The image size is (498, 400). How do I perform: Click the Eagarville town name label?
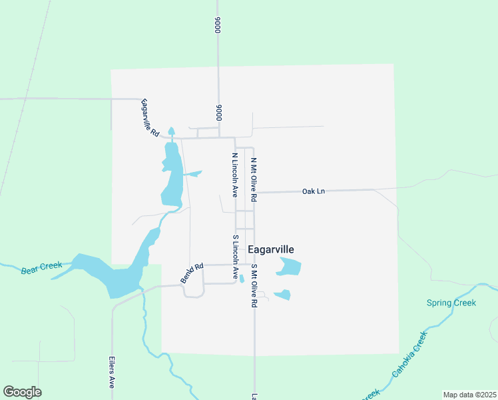click(270, 249)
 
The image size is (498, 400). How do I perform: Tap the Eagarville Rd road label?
click(150, 119)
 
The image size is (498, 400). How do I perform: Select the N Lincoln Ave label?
click(234, 175)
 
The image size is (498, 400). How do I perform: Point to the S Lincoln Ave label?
click(235, 257)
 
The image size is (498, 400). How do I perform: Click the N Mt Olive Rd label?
click(254, 179)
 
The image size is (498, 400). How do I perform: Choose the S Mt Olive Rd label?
click(254, 285)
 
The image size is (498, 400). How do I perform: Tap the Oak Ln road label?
click(313, 191)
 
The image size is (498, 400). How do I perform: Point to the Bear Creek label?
click(41, 268)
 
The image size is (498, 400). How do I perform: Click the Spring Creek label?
click(451, 303)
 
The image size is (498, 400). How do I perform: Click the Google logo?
click(22, 392)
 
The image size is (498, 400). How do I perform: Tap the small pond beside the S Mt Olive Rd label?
click(283, 295)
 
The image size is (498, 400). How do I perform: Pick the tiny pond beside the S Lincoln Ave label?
click(242, 279)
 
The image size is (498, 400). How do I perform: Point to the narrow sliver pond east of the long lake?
click(192, 175)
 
